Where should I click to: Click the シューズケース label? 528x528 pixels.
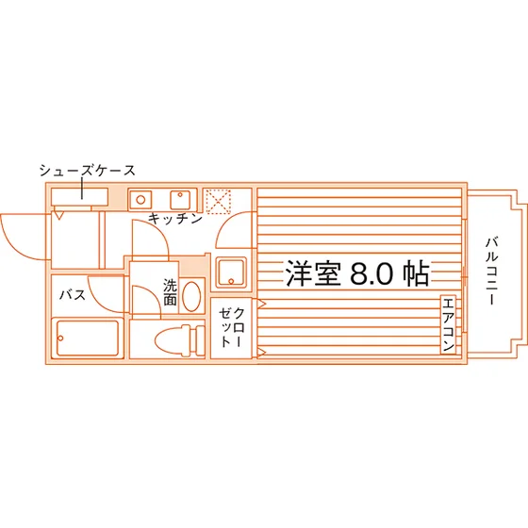click(x=87, y=171)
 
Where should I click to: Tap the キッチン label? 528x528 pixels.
click(x=175, y=219)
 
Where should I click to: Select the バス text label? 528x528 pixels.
click(x=73, y=295)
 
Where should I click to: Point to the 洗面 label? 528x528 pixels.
click(x=170, y=291)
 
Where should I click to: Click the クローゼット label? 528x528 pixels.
click(x=232, y=327)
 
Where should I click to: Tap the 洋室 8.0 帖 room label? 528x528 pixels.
click(x=357, y=273)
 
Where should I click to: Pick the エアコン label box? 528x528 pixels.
click(x=448, y=324)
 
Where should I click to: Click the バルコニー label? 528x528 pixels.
click(x=492, y=272)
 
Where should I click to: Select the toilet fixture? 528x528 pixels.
click(x=180, y=340)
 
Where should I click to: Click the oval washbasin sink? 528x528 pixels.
click(x=191, y=296)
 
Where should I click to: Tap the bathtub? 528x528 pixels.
click(x=88, y=338)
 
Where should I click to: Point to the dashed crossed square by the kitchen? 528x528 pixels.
click(x=218, y=202)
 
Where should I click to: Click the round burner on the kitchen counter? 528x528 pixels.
click(x=140, y=200)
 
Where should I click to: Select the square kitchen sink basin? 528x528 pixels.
click(x=180, y=200)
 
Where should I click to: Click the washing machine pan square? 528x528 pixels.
click(x=231, y=272)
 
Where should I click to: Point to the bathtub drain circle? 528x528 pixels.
click(x=60, y=338)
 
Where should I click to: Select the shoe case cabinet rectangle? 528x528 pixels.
click(x=79, y=197)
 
